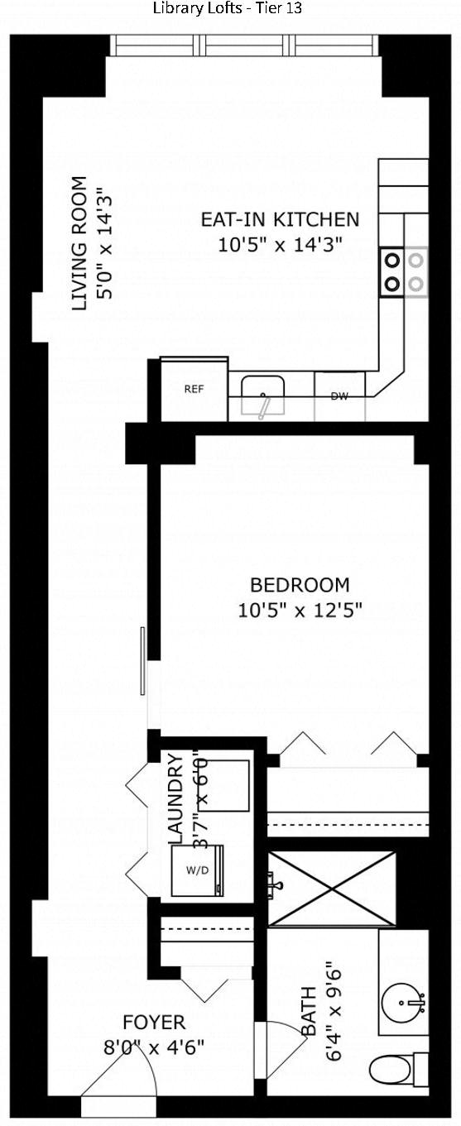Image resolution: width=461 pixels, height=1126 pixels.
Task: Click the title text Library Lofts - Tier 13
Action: (228, 8)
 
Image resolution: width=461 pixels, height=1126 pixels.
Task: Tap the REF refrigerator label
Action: (194, 389)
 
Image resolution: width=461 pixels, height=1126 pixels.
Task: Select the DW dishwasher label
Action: (339, 396)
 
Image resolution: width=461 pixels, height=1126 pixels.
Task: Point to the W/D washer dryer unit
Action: (198, 870)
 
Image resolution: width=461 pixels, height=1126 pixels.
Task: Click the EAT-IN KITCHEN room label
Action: (281, 220)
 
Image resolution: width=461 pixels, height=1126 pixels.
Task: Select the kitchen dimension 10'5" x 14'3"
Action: (281, 245)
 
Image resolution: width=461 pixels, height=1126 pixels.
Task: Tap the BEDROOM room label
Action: (300, 585)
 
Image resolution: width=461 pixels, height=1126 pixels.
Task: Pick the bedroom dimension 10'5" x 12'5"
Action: (300, 611)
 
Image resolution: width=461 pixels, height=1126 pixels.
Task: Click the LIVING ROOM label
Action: (79, 243)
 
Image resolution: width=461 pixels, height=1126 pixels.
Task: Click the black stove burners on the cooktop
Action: (392, 272)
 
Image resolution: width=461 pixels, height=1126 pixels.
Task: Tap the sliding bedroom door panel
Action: (143, 661)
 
